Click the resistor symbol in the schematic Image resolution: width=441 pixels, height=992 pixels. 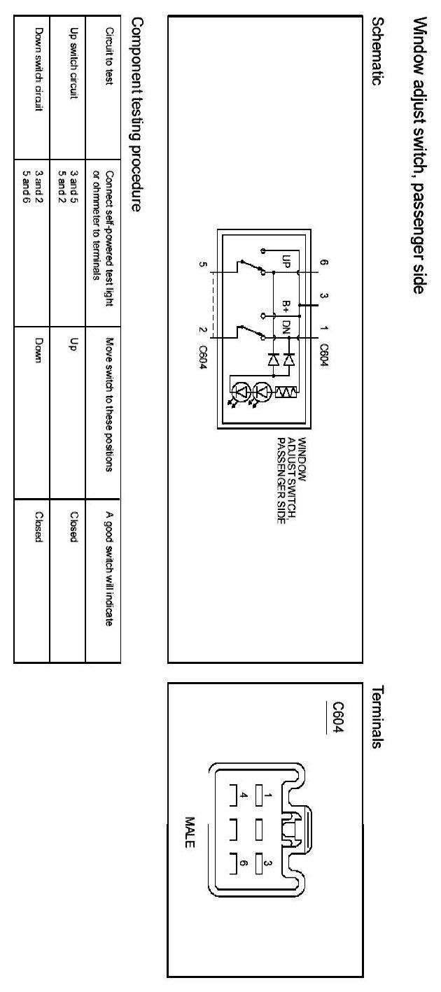(286, 394)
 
